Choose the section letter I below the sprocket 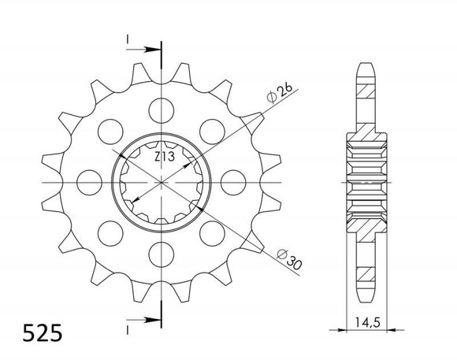point(126,325)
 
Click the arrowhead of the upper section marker point(154,50)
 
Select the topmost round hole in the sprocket point(162,107)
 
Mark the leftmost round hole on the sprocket point(88,181)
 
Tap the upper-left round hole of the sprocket point(110,129)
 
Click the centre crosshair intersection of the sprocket point(162,181)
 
